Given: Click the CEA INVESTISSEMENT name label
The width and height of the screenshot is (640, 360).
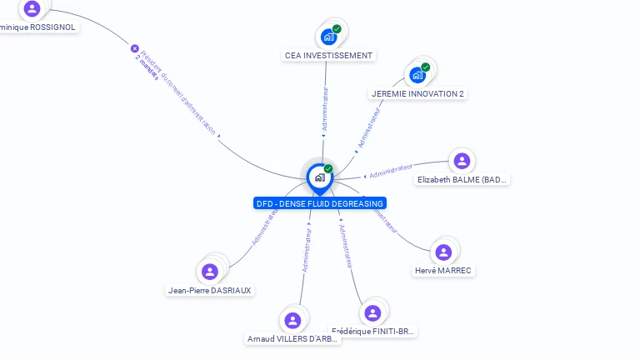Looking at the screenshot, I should pyautogui.click(x=328, y=55).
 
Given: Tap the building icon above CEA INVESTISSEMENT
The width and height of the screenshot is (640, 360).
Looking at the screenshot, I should pyautogui.click(x=329, y=36).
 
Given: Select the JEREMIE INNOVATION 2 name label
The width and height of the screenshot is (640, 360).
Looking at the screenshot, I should pyautogui.click(x=417, y=93).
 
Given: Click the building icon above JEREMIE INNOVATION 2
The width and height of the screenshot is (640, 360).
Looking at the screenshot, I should pyautogui.click(x=418, y=74).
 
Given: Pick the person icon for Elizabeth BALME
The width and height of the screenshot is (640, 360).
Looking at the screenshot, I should pyautogui.click(x=462, y=161).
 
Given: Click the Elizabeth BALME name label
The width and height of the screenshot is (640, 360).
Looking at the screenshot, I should pyautogui.click(x=462, y=179).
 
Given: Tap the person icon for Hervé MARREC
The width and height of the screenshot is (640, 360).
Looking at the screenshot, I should pyautogui.click(x=443, y=252).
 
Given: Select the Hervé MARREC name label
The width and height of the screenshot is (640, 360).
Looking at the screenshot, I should pyautogui.click(x=443, y=270).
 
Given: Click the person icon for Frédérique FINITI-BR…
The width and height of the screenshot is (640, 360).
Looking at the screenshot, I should pyautogui.click(x=372, y=312).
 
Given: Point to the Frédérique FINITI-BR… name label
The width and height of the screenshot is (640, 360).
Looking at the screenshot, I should pyautogui.click(x=372, y=331).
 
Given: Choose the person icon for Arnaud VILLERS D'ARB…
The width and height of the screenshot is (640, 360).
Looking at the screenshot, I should pyautogui.click(x=292, y=320).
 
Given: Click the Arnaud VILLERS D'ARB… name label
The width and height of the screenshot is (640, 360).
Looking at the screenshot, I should pyautogui.click(x=292, y=338).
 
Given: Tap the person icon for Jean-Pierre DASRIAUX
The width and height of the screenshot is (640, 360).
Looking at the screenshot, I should pyautogui.click(x=210, y=271).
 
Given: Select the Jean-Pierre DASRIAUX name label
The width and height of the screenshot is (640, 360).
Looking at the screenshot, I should pyautogui.click(x=210, y=290).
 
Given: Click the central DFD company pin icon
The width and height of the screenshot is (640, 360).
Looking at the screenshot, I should pyautogui.click(x=319, y=177).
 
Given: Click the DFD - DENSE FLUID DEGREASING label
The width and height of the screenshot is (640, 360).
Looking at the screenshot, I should pyautogui.click(x=320, y=203).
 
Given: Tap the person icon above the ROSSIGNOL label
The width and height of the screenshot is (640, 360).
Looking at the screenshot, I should pyautogui.click(x=32, y=8).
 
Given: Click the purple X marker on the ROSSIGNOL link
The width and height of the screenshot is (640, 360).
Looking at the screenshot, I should pyautogui.click(x=134, y=48).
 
